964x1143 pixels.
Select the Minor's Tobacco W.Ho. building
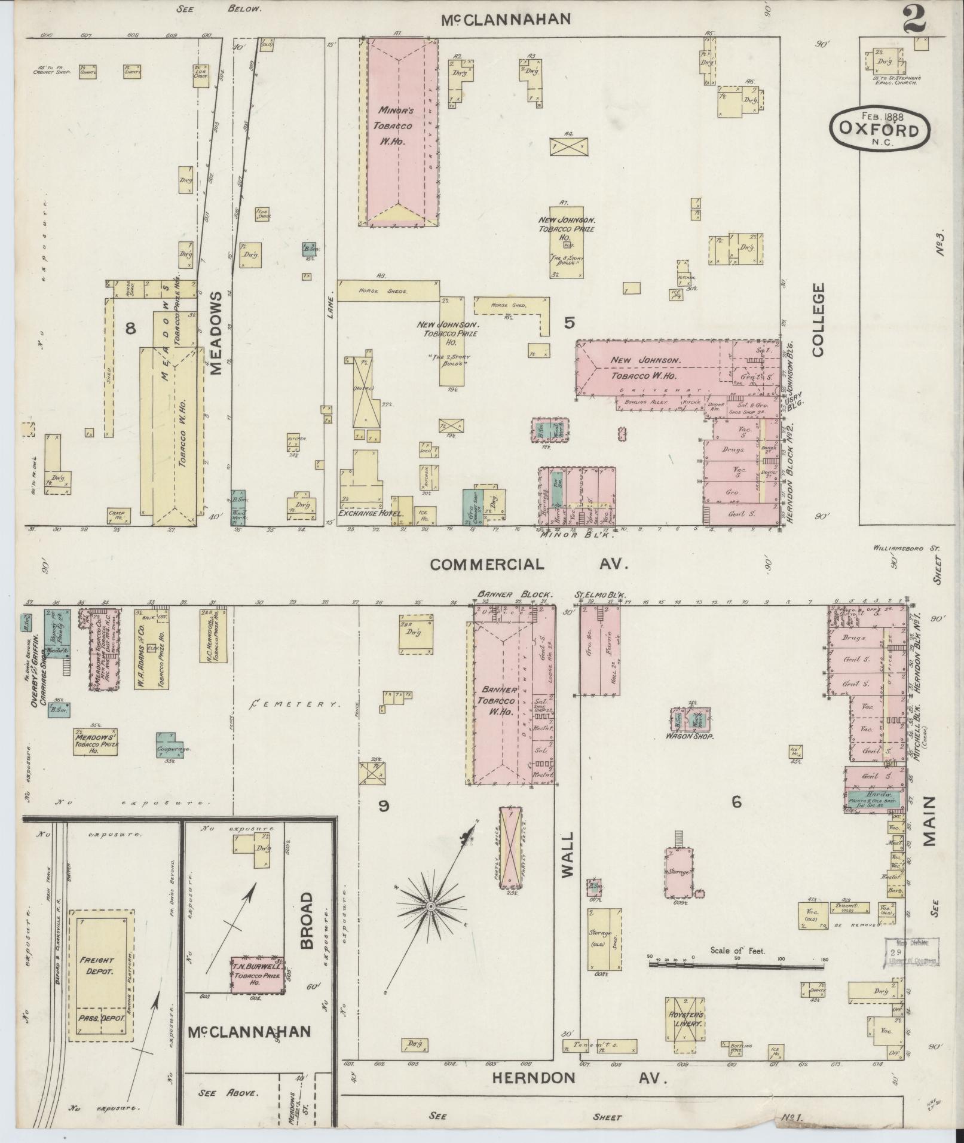point(399,132)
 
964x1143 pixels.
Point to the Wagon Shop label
point(691,737)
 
